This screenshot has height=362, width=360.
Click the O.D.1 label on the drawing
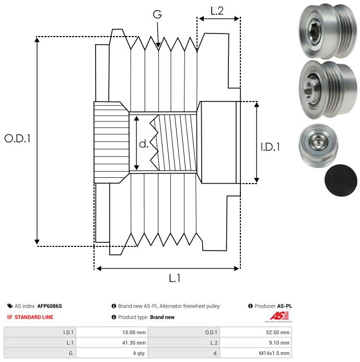[18, 139]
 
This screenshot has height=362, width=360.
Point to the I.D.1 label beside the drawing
[270, 147]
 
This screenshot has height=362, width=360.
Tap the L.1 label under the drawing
[175, 278]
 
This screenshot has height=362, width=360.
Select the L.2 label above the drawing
[217, 11]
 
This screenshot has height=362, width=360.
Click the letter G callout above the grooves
[157, 14]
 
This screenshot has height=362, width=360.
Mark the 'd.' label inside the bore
[144, 144]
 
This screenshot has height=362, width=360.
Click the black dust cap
[341, 180]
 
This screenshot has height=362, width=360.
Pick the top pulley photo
[328, 31]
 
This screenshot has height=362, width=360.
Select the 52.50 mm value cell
[256, 332]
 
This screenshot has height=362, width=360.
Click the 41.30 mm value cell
[112, 343]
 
